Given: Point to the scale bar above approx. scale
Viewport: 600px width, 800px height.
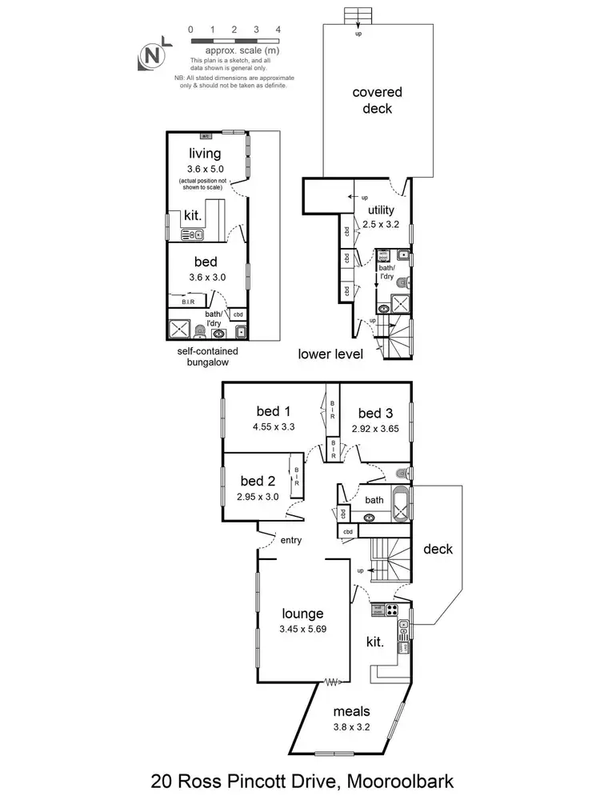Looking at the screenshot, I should pos(234,39).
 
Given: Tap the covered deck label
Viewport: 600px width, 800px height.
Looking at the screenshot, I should pos(378,101).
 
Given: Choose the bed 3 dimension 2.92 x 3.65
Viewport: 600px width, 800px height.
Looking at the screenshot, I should pos(375,429).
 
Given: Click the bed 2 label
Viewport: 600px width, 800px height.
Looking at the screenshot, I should pos(258,481).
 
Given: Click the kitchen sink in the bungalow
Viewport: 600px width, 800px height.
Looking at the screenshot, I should pos(192,234).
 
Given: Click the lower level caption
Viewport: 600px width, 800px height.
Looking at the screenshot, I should pos(331,354).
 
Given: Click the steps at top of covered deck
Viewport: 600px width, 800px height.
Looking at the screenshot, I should pos(354,17).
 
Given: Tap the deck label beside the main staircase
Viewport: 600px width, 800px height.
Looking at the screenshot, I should pos(438,549).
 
